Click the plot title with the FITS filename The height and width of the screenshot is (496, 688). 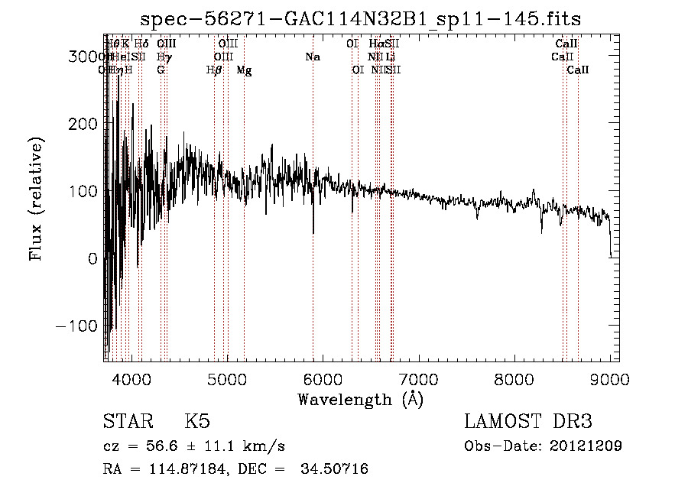[x=366, y=18]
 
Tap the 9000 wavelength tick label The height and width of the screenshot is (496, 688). [x=610, y=378]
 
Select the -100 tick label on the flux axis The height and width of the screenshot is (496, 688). [x=77, y=326]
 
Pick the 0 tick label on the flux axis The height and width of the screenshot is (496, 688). [x=92, y=258]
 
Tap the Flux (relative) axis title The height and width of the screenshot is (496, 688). [x=36, y=198]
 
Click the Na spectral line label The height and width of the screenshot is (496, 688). [x=312, y=57]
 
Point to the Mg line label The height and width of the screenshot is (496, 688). [x=244, y=70]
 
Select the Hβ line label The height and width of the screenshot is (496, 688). [x=215, y=70]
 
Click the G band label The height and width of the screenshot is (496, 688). [x=161, y=70]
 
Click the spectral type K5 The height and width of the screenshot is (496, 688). [x=197, y=423]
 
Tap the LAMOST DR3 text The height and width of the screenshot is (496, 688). [x=528, y=423]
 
